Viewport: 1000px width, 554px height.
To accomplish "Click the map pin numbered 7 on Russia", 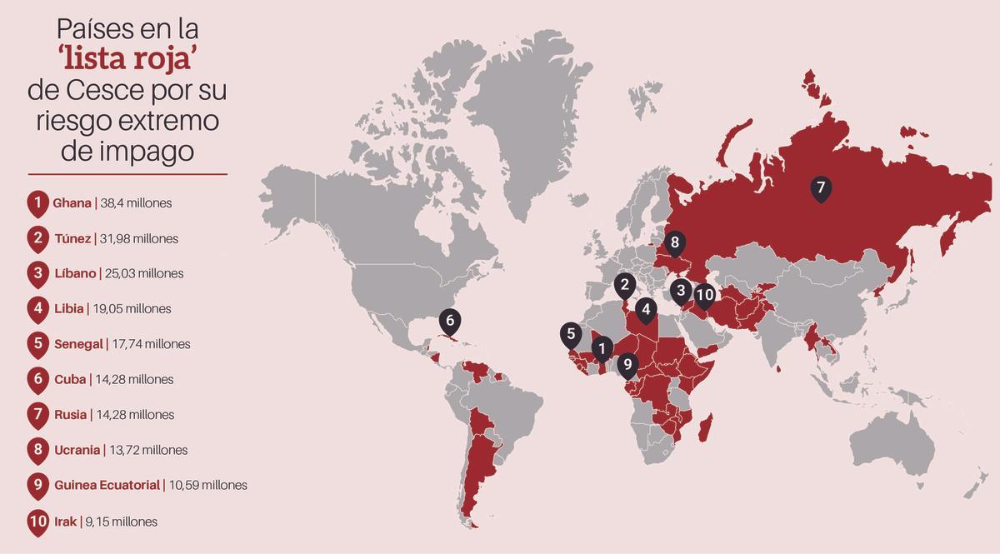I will [x=820, y=187].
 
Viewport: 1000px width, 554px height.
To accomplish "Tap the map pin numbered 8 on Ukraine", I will [x=675, y=243].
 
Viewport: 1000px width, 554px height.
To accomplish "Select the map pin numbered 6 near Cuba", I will [x=450, y=320].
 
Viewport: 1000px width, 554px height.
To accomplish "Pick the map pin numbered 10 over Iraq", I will [x=704, y=294].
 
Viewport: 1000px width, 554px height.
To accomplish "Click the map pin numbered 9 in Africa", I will [x=627, y=363].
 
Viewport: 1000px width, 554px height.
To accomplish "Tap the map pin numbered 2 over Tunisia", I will [x=623, y=286].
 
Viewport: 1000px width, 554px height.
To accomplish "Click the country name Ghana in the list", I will [x=72, y=203].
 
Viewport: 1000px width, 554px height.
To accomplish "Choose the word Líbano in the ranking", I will [x=74, y=273].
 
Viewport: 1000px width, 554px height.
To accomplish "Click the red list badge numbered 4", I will [x=37, y=309].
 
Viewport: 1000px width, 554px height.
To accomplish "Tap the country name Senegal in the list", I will [x=77, y=344].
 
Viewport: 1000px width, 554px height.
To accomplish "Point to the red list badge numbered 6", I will [x=37, y=380].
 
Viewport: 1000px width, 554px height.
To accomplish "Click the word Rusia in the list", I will [x=70, y=415].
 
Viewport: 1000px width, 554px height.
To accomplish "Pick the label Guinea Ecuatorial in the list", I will [x=106, y=485].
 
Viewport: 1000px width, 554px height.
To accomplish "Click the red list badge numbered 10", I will [x=37, y=522].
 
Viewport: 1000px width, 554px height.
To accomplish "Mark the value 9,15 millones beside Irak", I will [x=121, y=522].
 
